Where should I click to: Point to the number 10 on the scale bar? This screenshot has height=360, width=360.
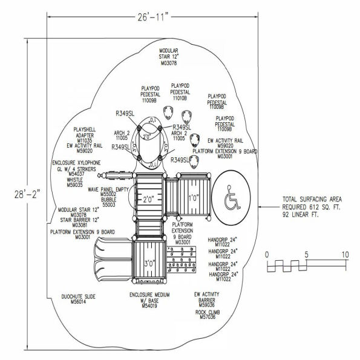pyautogui.click(x=344, y=255)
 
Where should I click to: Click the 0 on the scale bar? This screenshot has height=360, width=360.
pyautogui.click(x=267, y=255)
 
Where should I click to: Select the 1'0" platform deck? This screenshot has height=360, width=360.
pyautogui.click(x=193, y=197)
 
